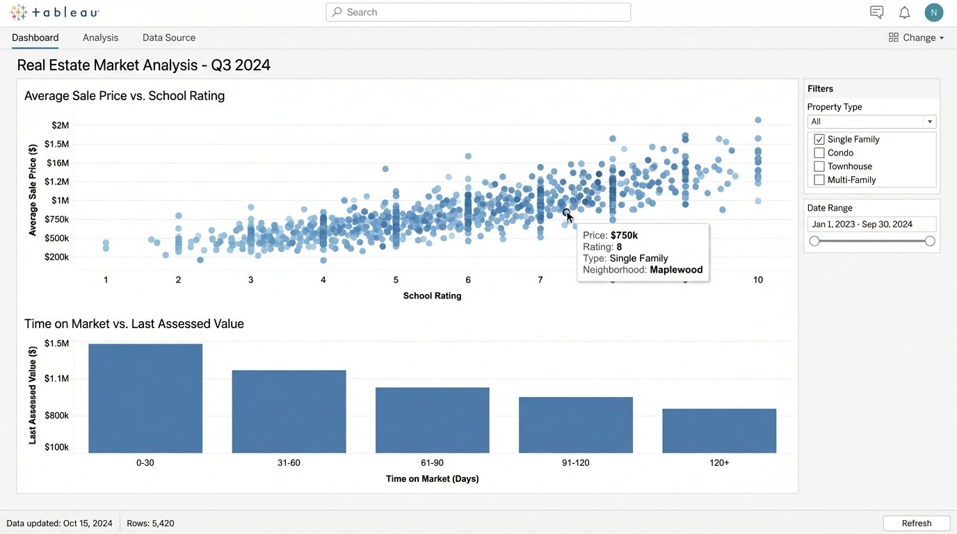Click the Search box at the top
478,13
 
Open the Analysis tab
100,38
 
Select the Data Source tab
169,38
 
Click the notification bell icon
904,13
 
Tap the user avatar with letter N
934,13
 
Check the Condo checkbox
819,153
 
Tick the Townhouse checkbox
819,166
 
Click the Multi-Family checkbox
819,180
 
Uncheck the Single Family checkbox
819,140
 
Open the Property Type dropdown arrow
928,122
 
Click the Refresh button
916,524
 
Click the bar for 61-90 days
432,420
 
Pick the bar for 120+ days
719,431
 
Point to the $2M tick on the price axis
61,125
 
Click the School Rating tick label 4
323,280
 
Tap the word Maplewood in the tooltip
676,270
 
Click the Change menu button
916,38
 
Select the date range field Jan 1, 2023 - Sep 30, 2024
871,225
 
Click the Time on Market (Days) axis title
432,478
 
